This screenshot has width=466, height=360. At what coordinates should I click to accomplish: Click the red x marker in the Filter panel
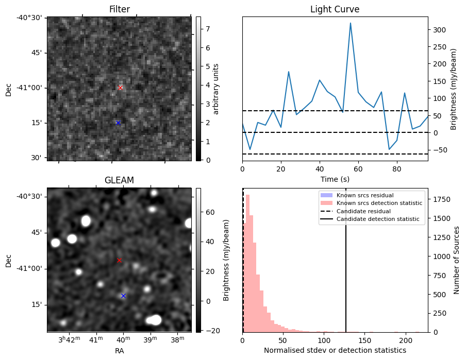click(120, 88)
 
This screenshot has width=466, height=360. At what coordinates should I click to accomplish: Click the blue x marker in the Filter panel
click(118, 123)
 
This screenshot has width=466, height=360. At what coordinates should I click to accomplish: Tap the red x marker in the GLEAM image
click(119, 261)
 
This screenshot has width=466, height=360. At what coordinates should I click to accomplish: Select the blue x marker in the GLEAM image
click(123, 296)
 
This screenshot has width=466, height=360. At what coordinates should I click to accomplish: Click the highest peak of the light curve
click(351, 23)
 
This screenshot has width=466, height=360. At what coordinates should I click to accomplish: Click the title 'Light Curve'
click(335, 10)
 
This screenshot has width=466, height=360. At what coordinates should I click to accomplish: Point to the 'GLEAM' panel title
click(119, 180)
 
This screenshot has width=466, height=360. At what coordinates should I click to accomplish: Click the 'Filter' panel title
click(119, 10)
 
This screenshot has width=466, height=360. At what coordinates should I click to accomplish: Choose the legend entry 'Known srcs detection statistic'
click(379, 203)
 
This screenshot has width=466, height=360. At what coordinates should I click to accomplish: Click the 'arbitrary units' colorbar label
click(216, 89)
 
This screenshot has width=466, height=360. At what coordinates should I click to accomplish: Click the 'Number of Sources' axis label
click(456, 260)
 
